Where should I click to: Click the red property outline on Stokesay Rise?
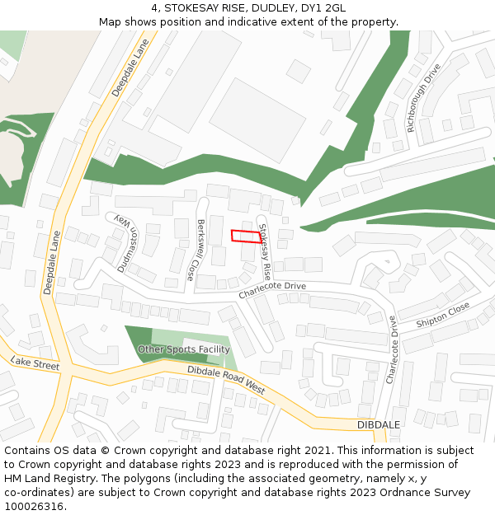click(246, 236)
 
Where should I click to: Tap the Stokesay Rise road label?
click(265, 249)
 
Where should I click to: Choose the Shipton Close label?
click(443, 313)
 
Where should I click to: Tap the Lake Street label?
click(35, 363)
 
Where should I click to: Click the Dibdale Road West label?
click(226, 380)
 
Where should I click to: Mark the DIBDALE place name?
click(379, 424)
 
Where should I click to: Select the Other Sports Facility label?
click(183, 349)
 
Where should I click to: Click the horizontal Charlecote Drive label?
click(272, 290)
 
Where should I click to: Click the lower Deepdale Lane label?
click(52, 263)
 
